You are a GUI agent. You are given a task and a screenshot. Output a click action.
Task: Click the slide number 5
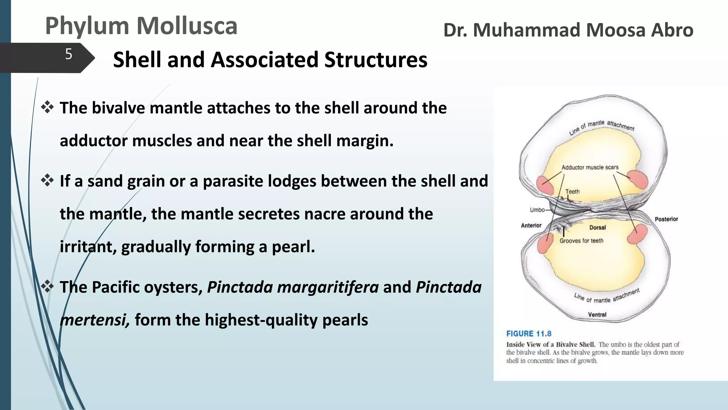pyautogui.click(x=69, y=54)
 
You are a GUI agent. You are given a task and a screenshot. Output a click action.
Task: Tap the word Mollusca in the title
pyautogui.click(x=187, y=26)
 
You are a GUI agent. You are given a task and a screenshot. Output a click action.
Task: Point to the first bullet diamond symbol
pyautogui.click(x=47, y=107)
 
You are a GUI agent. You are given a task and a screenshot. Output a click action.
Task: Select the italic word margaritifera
pyautogui.click(x=293, y=287)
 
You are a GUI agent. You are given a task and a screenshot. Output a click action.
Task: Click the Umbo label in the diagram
pyautogui.click(x=537, y=210)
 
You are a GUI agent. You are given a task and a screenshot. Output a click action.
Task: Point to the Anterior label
pyautogui.click(x=531, y=225)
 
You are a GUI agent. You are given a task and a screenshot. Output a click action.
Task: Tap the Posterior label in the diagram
pyautogui.click(x=666, y=219)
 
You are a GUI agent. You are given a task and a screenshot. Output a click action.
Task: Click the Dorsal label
pyautogui.click(x=598, y=227)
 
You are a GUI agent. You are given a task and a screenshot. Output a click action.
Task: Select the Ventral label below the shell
pyautogui.click(x=597, y=315)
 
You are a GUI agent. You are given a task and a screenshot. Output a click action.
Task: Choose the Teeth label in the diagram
pyautogui.click(x=572, y=191)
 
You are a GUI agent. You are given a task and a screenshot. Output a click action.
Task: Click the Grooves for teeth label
pyautogui.click(x=581, y=241)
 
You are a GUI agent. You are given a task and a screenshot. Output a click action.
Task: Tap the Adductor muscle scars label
pyautogui.click(x=590, y=167)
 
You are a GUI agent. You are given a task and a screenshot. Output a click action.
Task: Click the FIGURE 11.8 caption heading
pyautogui.click(x=529, y=334)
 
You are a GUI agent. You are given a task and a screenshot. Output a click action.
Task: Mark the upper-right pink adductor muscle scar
pyautogui.click(x=638, y=179)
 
